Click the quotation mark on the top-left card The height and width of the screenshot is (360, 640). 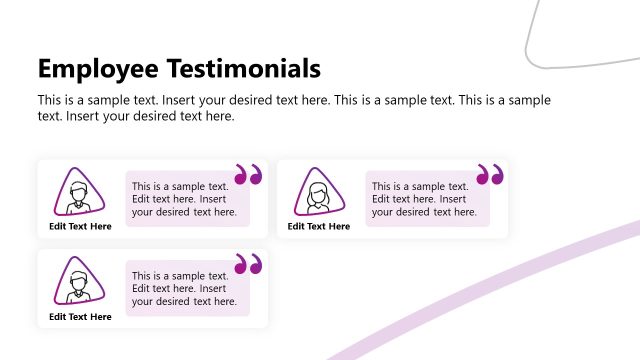(x=247, y=175)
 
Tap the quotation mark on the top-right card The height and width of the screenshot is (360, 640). (x=490, y=175)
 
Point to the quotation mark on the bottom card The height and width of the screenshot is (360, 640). (x=247, y=265)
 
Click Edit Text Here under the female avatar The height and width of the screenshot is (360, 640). (x=319, y=227)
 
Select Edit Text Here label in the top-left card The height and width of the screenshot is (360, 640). (x=81, y=227)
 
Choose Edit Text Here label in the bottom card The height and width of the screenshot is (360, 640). (x=81, y=317)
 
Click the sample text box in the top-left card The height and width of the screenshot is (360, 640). (x=185, y=199)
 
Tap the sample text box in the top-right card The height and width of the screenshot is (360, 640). (x=424, y=199)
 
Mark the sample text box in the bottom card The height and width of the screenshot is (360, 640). (x=185, y=289)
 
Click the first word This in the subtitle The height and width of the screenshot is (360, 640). (x=50, y=100)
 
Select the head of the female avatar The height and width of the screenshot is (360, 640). (x=319, y=190)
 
